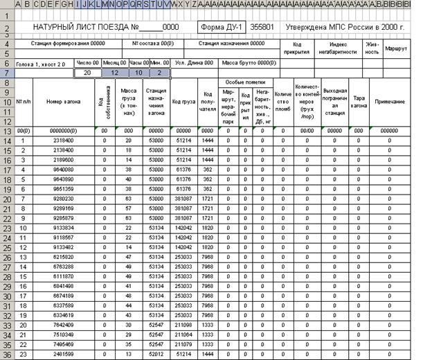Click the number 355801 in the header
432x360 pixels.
[262, 27]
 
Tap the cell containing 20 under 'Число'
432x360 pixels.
[87, 73]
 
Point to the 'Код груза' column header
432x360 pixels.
[183, 102]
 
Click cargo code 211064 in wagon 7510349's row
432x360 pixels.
[183, 334]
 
